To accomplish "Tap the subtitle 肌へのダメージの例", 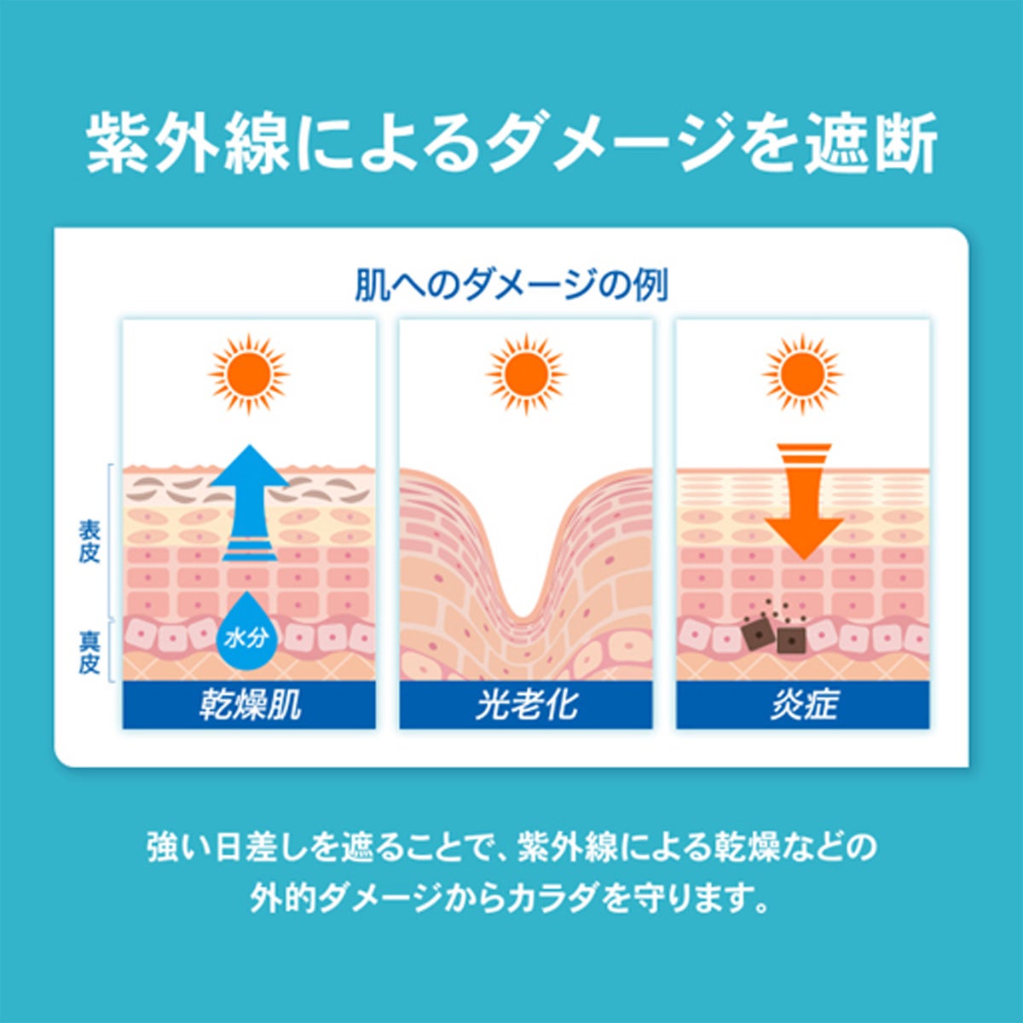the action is [x=511, y=285].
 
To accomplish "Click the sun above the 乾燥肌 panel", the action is [x=249, y=374].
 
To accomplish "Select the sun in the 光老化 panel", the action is [x=526, y=374].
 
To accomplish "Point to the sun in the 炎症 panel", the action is [x=803, y=374].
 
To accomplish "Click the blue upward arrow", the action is [x=249, y=503].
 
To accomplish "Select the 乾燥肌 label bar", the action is [x=249, y=705].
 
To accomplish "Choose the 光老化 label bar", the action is [x=526, y=705].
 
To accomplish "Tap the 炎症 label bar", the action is [x=803, y=705].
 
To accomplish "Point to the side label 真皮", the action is [x=90, y=651].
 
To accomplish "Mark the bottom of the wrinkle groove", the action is [x=523, y=617].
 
